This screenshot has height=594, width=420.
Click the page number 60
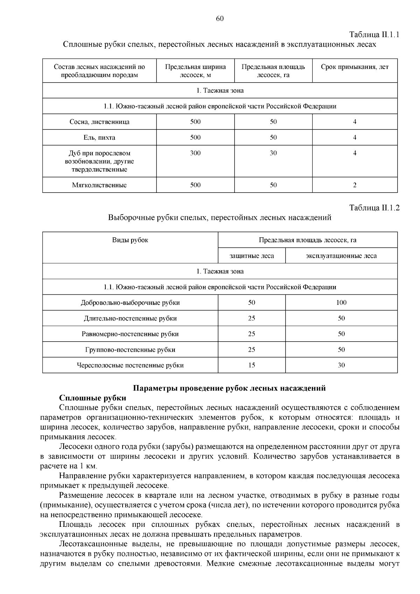[220, 19]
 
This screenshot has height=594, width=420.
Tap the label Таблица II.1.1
[374, 35]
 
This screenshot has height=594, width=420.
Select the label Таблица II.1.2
[374, 208]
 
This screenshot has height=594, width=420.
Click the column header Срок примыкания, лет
[355, 67]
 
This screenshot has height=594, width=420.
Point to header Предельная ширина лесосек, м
[195, 71]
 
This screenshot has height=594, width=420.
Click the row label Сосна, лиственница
[99, 122]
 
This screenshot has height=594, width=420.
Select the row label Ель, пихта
[99, 138]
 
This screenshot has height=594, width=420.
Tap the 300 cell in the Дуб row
[195, 153]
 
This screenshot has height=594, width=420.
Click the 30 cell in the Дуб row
[273, 153]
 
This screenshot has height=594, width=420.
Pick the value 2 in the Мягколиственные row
[355, 185]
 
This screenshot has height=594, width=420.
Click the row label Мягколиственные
[99, 185]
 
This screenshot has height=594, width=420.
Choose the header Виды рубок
[130, 240]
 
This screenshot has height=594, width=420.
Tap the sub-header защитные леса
[252, 256]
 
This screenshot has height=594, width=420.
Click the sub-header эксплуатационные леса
[341, 256]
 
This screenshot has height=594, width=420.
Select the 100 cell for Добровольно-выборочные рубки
[341, 303]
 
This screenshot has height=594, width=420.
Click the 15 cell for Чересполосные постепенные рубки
[252, 365]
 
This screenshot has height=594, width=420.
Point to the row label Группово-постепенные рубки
[130, 350]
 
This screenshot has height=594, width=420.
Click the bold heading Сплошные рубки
[93, 398]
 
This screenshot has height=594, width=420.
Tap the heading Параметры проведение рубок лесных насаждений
[230, 388]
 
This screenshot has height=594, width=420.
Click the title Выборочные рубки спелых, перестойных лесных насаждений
[219, 218]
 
